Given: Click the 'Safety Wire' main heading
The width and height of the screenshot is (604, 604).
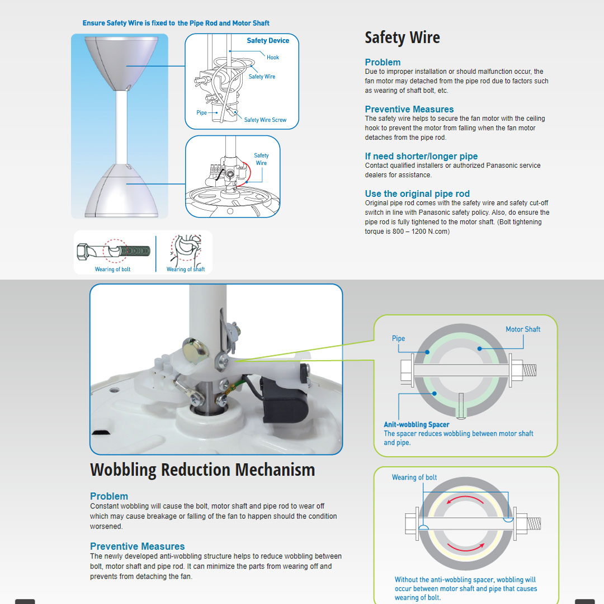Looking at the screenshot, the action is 402,38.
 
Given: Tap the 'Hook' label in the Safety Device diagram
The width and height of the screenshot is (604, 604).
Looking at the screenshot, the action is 273,58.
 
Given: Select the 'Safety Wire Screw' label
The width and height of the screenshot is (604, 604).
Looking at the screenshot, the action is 266,120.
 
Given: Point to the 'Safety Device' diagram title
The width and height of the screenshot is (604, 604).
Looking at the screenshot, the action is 268,40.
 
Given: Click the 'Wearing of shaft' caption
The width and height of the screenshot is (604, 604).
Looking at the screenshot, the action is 186,269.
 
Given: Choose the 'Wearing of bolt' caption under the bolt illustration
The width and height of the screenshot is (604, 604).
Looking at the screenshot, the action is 112,269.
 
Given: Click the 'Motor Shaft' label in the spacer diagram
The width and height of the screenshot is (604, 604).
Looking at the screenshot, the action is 523,329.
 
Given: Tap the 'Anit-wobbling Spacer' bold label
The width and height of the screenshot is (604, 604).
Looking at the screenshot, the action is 417,424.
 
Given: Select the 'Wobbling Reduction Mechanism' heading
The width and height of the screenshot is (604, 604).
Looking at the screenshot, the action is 202,470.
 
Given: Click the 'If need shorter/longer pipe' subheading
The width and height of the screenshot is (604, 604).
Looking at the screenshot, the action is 421,156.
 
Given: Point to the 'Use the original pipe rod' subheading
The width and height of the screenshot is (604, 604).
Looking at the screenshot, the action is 417,194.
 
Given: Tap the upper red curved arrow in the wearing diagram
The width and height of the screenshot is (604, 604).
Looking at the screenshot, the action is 465,498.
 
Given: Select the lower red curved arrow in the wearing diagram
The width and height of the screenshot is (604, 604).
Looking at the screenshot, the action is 466,548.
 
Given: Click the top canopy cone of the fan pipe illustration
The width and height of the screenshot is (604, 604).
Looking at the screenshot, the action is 121,64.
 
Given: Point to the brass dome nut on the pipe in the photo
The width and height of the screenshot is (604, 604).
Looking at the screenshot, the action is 195,351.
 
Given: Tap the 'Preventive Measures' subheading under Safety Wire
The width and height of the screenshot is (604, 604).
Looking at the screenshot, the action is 409,109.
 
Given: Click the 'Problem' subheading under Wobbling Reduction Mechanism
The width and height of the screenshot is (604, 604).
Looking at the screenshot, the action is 109,496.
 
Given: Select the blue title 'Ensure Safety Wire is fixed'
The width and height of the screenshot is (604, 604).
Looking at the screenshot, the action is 176,23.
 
